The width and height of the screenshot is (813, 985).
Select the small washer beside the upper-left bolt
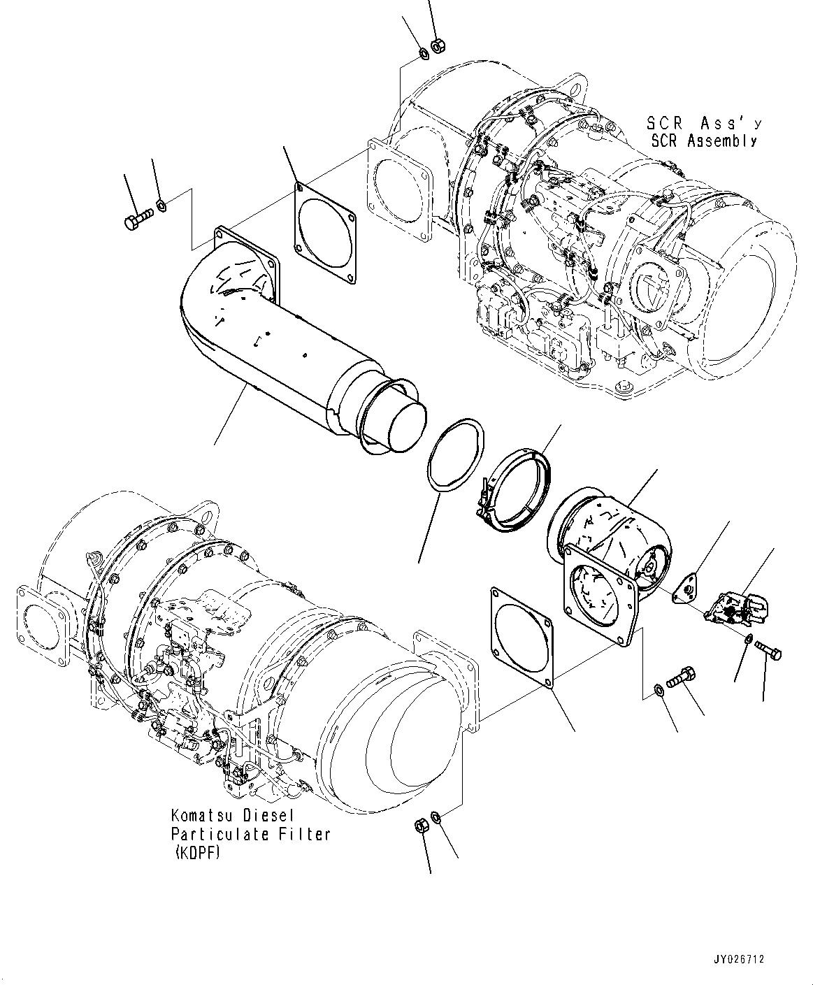tap(160, 205)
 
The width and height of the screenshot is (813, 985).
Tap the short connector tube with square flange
tap(605, 566)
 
